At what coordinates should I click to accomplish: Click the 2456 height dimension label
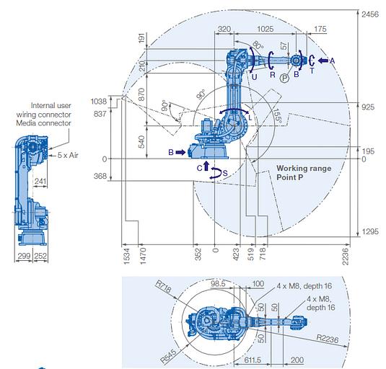pos(369,14)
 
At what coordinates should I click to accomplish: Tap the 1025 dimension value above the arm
pos(265,29)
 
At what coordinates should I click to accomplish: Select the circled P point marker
pos(284,78)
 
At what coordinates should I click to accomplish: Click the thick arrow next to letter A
pos(323,61)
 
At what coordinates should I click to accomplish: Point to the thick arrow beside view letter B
pos(180,152)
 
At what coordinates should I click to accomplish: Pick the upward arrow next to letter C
pos(206,166)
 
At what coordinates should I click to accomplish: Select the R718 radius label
pos(163,286)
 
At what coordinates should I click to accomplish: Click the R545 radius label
pos(168,356)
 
